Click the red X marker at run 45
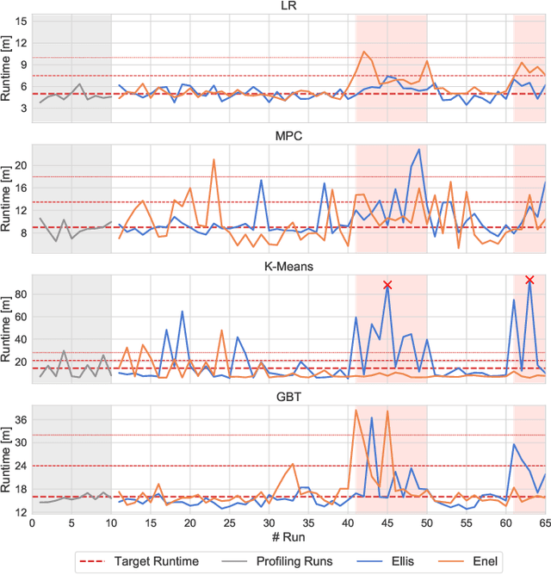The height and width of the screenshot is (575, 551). click(387, 285)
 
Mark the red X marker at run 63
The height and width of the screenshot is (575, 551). click(529, 280)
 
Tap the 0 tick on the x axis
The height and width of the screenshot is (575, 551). click(32, 522)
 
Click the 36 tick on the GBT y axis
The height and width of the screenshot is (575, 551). click(18, 419)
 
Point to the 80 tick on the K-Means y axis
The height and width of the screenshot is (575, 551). click(18, 294)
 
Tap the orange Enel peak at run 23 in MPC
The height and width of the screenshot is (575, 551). click(214, 159)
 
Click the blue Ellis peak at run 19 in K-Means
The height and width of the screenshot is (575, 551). click(182, 312)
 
